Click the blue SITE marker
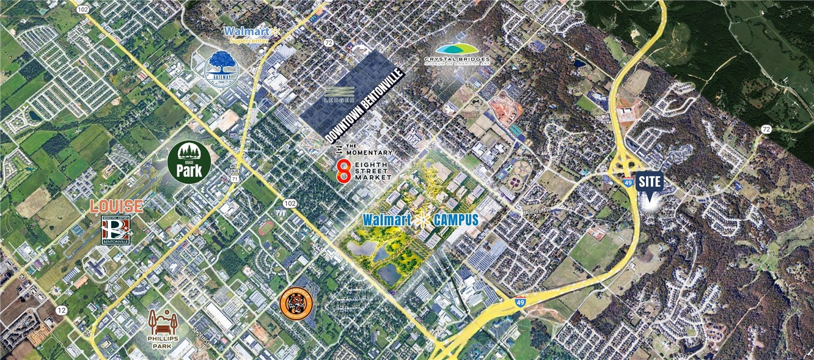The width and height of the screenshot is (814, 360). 649,183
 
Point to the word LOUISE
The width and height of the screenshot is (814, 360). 116,207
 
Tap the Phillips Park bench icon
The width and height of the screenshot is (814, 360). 163,322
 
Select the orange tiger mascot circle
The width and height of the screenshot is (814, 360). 296,303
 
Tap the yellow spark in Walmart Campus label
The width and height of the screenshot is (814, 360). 420,220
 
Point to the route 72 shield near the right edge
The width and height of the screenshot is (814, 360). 766,129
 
